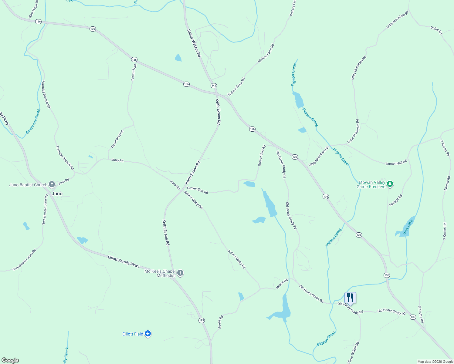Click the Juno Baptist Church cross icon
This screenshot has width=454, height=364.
[52, 184]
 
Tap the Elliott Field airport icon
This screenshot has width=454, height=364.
[148, 334]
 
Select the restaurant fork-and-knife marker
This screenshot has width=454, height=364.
[350, 298]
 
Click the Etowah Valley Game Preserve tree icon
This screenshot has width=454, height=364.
[390, 184]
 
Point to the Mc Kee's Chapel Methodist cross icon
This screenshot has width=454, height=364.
[180, 273]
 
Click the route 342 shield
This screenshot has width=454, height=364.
[214, 86]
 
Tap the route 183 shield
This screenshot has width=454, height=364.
[202, 320]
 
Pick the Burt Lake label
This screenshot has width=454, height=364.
[408, 227]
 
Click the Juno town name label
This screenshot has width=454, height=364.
[57, 194]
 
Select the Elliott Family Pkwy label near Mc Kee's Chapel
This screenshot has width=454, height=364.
[124, 261]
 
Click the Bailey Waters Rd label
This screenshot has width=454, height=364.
[194, 43]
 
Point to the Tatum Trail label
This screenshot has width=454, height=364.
[134, 72]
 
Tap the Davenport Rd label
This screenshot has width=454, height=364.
[117, 139]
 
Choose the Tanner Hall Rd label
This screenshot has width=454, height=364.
[396, 163]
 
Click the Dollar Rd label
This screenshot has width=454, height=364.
[436, 30]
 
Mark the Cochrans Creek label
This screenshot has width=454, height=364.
[33, 121]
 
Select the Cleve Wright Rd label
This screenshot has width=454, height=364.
[353, 352]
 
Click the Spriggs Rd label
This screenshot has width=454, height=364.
[395, 201]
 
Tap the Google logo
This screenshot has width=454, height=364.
[10, 360]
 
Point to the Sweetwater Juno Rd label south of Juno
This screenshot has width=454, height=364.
[25, 260]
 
